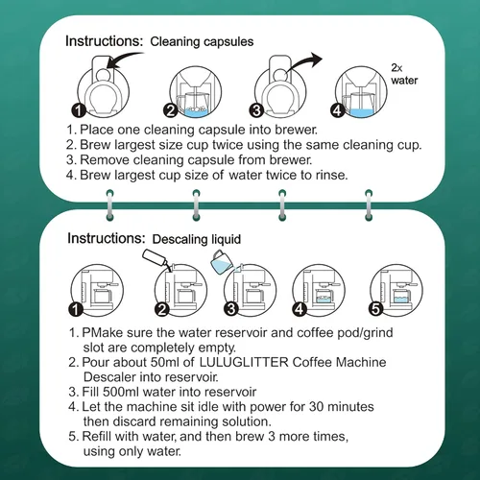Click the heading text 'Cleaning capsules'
[x=202, y=42]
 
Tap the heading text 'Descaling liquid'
[x=197, y=239]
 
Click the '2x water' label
[x=404, y=74]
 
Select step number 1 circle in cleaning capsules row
[x=79, y=110]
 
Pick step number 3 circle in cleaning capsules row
[x=256, y=110]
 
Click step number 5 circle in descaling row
[x=376, y=309]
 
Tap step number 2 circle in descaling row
[x=162, y=309]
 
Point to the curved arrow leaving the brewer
[x=304, y=62]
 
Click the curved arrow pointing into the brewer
[x=125, y=60]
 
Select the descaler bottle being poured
[x=155, y=259]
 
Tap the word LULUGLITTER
[x=244, y=362]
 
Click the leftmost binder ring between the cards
[x=109, y=205]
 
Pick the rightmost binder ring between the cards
[x=369, y=205]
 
